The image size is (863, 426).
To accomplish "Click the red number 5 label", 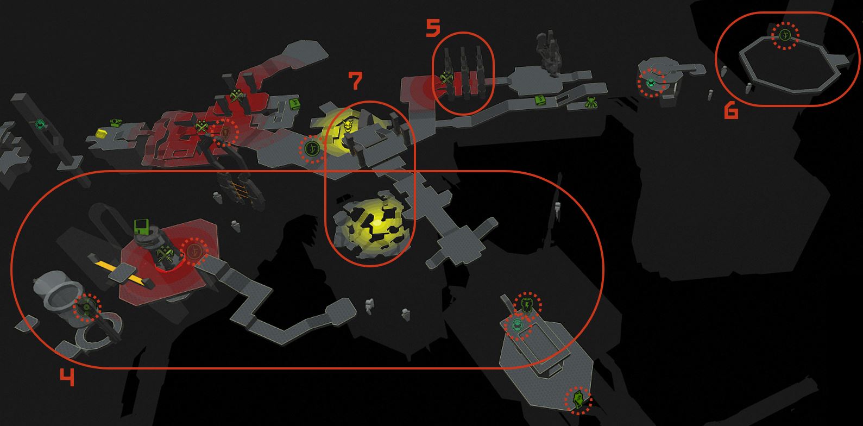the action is [x=433, y=28].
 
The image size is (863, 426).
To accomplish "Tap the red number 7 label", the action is [x=356, y=80].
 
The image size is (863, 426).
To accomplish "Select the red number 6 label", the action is [x=731, y=111].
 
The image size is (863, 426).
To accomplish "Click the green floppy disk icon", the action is [x=141, y=226].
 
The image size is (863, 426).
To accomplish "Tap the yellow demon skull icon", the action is [x=348, y=126].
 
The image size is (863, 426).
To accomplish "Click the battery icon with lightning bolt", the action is [x=527, y=304].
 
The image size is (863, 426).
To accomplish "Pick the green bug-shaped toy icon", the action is [x=590, y=102].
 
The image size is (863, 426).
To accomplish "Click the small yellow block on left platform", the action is [x=101, y=133].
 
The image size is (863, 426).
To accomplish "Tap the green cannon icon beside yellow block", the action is [x=116, y=123].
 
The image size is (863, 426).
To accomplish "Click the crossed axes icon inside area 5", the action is [x=446, y=79].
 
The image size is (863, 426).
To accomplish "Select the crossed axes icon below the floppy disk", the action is [x=166, y=253].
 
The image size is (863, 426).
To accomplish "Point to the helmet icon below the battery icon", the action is [x=518, y=326].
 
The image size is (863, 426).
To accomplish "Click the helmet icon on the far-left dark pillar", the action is [x=40, y=124].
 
